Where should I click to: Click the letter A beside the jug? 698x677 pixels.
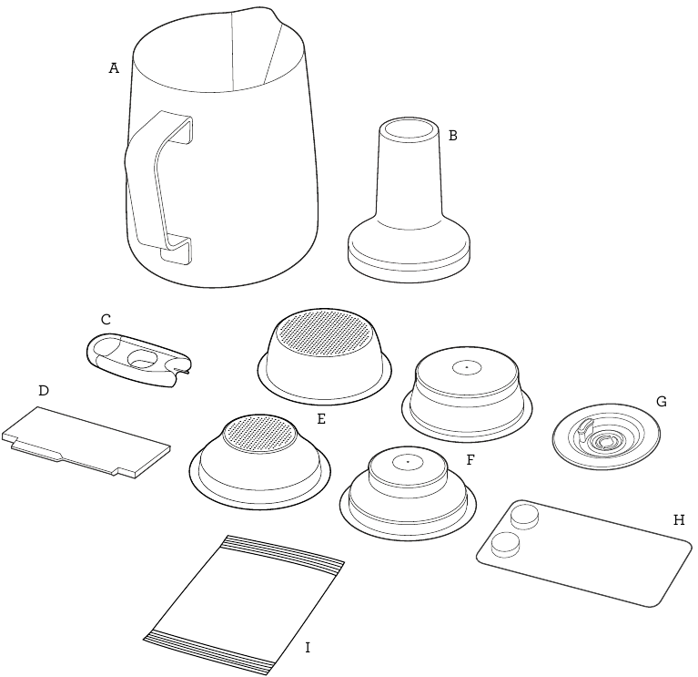[x=114, y=68]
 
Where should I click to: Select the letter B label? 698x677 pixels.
[x=452, y=136]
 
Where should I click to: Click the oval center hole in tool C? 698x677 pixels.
[x=142, y=357]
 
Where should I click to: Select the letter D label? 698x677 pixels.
[x=43, y=390]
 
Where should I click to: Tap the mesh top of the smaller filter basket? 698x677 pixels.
[x=259, y=431]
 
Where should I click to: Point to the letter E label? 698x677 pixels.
[x=320, y=420]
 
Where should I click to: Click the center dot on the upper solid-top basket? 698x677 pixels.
[x=466, y=367]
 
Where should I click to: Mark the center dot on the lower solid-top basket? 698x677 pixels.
[x=407, y=463]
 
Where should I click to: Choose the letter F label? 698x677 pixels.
[x=470, y=460]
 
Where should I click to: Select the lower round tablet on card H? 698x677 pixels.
[x=504, y=546]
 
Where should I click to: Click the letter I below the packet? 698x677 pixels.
[x=308, y=648]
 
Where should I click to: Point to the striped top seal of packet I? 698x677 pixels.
[x=284, y=551]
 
